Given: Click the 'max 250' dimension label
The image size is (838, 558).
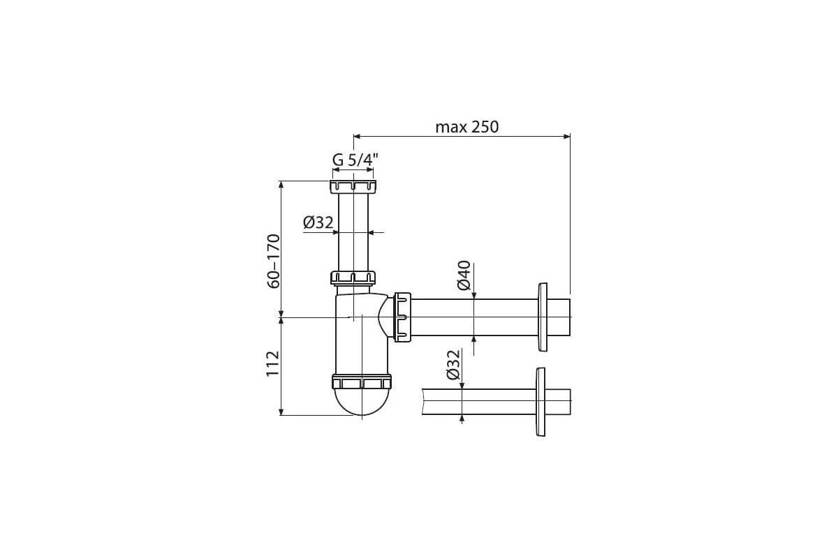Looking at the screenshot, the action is coord(467,127).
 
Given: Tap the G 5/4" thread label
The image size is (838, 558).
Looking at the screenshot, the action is coord(355,160).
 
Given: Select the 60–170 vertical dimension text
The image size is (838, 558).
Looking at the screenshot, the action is coord(274,261).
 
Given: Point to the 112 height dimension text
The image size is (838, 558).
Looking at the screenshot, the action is coord(273,363).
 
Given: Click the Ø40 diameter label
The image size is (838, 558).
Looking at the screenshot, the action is coord(464,275).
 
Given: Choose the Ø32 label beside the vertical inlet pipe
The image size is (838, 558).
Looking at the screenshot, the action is coord(318,223).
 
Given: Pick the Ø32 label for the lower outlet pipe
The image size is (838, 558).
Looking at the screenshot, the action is coord(453,365).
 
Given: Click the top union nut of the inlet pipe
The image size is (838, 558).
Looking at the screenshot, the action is coord(353,186).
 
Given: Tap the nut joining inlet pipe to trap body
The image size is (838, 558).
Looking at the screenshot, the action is coord(353,278).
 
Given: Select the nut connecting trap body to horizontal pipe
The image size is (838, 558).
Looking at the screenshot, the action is coord(402,317).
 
